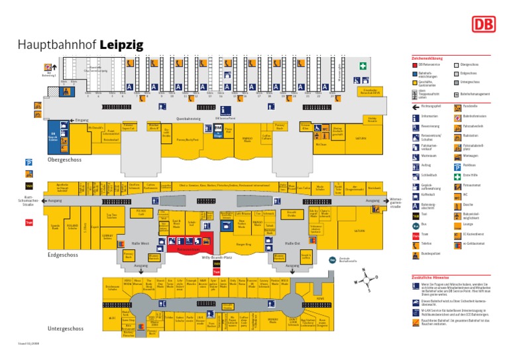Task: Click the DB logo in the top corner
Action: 482,25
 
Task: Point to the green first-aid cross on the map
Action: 363,66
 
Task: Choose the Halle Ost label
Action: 292,243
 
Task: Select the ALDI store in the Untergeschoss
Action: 112,318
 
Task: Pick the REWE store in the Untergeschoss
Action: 320,298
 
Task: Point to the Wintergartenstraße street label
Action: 396,203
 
